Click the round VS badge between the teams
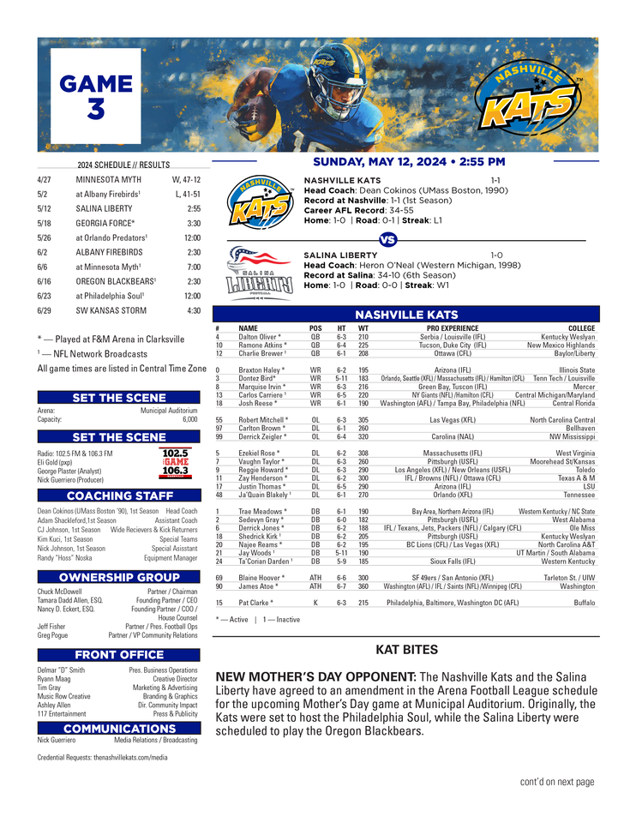387,239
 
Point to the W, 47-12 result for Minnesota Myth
185,181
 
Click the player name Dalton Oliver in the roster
260,337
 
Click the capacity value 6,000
189,420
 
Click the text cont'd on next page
556,782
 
